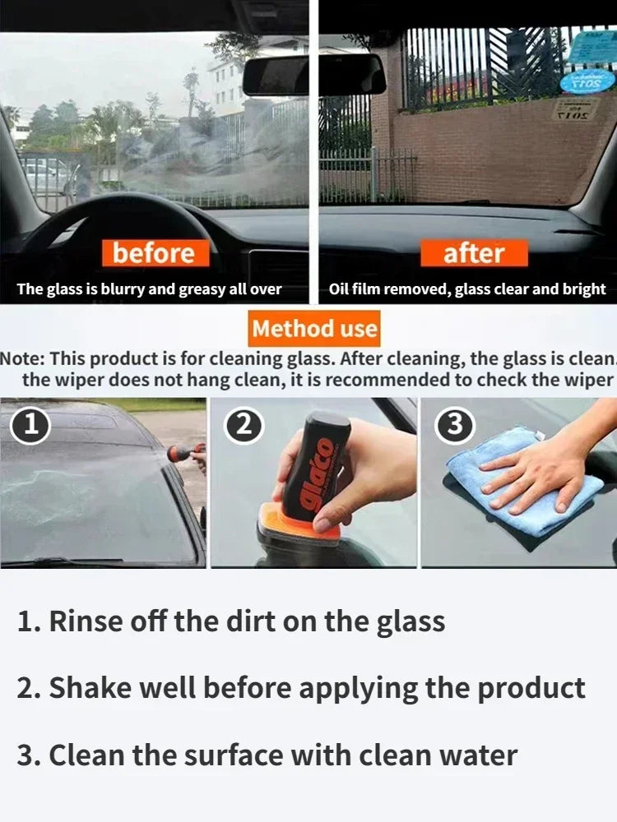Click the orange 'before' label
pos(155,252)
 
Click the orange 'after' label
pos(473,253)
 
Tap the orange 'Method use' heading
pos(314,329)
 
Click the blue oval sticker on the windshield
pos(585,82)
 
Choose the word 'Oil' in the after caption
pos(340,289)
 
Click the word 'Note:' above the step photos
pos(23,358)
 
